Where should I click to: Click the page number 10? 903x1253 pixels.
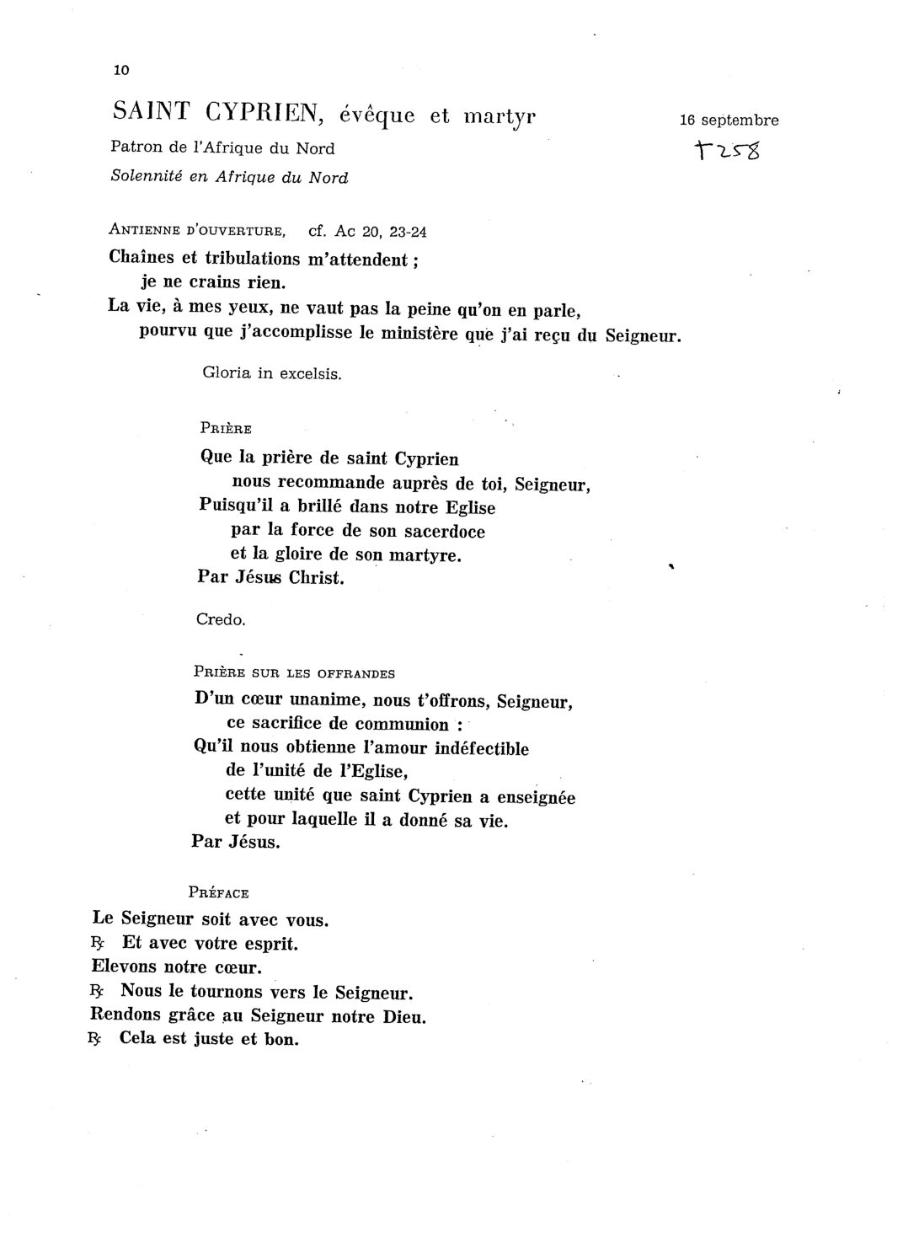(x=120, y=70)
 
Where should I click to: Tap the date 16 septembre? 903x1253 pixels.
(x=729, y=120)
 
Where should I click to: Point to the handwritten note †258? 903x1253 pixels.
(x=725, y=153)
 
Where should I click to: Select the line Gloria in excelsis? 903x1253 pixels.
(x=272, y=373)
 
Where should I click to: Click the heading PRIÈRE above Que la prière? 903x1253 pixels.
(x=226, y=429)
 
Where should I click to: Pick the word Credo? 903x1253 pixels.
(x=220, y=620)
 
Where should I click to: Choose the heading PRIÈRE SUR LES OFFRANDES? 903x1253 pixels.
(x=294, y=672)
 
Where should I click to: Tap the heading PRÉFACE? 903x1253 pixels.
(x=219, y=892)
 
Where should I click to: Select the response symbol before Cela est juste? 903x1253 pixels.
(x=94, y=1040)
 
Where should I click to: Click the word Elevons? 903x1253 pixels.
(x=126, y=967)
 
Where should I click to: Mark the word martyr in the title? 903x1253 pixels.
(x=500, y=116)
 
